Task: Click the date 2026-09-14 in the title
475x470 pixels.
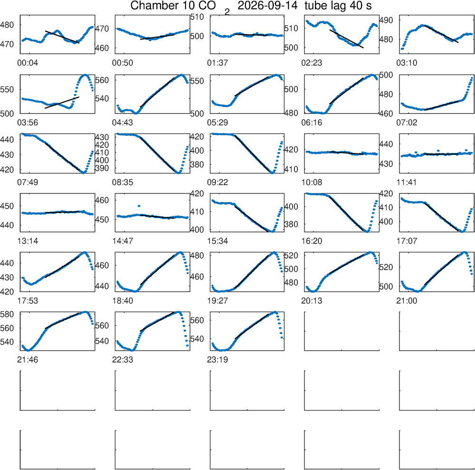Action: click(267, 5)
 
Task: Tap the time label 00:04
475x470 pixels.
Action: click(28, 63)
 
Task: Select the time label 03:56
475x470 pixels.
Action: click(28, 123)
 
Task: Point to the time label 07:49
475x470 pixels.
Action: click(28, 182)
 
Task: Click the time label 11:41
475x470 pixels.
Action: click(407, 182)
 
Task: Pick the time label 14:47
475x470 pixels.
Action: click(123, 241)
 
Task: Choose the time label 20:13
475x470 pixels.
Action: click(312, 301)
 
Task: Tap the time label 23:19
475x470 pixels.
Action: click(218, 360)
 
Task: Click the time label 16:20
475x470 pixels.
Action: click(312, 241)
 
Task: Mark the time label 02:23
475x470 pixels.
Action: click(312, 63)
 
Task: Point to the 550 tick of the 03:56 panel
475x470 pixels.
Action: click(7, 90)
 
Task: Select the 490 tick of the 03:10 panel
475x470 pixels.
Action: click(386, 20)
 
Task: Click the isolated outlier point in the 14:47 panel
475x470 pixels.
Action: click(139, 206)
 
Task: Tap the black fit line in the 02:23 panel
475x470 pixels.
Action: click(346, 39)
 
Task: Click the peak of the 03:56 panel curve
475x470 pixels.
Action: click(85, 75)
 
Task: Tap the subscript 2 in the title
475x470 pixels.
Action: click(227, 12)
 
